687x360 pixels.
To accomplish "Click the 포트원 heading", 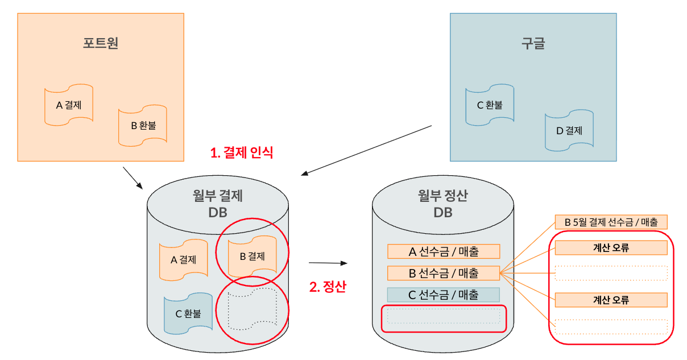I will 101,44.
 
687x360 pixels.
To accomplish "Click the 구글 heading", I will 533,44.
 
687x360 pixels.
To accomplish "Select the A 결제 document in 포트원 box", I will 68,105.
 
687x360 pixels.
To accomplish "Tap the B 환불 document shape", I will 143,125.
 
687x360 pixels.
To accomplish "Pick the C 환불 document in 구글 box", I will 489,105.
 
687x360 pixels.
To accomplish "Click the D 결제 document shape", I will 569,130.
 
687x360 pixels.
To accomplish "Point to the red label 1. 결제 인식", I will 242,152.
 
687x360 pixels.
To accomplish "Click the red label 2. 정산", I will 327,287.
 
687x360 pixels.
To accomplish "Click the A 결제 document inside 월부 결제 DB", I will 183,260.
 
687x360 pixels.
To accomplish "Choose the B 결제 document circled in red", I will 252,256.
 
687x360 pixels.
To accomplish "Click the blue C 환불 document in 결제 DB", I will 188,313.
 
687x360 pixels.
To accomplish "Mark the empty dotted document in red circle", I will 252,311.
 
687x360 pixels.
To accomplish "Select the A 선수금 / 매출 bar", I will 443,251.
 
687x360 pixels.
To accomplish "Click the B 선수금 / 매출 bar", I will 443,273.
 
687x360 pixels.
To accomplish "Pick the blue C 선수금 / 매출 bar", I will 443,295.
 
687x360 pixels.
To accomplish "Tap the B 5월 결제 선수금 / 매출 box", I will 611,222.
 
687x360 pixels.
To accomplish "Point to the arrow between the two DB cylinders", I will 328,263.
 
